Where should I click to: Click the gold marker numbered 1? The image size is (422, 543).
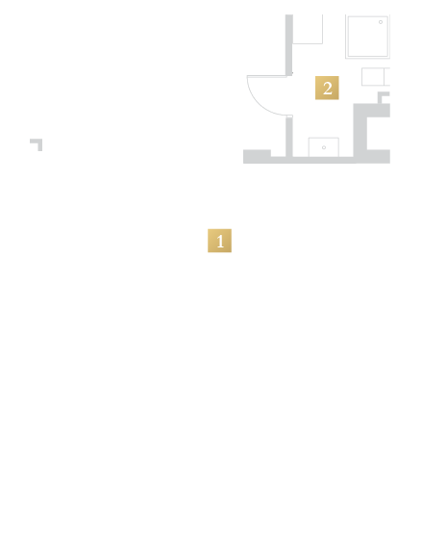219,241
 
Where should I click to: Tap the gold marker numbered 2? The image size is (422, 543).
327,88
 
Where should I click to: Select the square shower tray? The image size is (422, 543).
368,37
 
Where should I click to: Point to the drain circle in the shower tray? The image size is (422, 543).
381,22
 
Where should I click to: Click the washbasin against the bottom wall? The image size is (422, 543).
324,147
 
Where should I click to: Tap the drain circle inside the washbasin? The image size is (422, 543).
324,147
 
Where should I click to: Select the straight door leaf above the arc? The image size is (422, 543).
267,76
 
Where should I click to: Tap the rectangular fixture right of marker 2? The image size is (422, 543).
373,76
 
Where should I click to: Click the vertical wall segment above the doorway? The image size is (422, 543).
289,45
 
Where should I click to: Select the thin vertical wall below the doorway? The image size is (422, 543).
289,137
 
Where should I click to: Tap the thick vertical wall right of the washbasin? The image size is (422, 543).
360,133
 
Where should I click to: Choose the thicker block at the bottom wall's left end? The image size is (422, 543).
257,157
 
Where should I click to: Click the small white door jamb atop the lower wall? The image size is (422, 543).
289,116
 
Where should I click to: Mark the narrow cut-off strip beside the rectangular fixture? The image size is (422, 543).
387,76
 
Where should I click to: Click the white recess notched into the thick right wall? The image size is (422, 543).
379,133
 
